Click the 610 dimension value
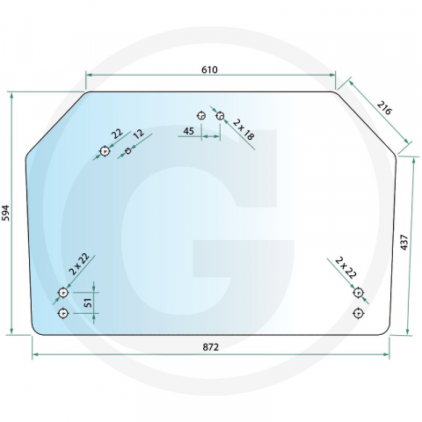(x=208, y=69)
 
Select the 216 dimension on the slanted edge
(x=383, y=108)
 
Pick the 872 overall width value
(x=210, y=348)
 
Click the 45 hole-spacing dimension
(x=188, y=131)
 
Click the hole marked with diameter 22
(x=105, y=151)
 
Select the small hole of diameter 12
(x=129, y=151)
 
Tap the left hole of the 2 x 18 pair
(x=201, y=115)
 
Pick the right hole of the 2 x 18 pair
(x=220, y=115)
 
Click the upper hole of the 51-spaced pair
(x=62, y=292)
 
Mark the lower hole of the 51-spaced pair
(x=62, y=312)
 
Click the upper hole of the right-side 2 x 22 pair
(x=358, y=292)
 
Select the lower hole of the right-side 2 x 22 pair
(x=358, y=312)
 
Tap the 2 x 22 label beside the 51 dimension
(x=80, y=265)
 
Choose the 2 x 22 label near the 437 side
(x=345, y=267)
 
